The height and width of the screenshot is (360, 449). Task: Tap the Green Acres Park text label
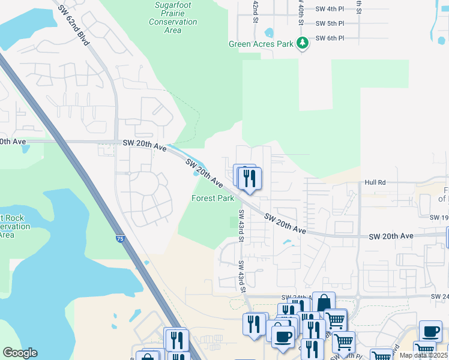[x=261, y=44]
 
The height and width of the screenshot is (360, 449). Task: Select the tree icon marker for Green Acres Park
[x=303, y=43]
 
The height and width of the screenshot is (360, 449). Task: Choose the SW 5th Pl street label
[x=330, y=23]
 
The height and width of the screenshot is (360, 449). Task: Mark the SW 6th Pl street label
[x=330, y=38]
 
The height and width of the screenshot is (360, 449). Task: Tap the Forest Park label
[x=212, y=198]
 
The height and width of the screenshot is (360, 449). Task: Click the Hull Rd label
[x=375, y=182]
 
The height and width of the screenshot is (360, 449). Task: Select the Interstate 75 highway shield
[x=121, y=239]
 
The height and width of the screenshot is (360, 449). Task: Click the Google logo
[x=20, y=352]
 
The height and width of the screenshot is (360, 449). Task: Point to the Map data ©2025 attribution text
[x=423, y=355]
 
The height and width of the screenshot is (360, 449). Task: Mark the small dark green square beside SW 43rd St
[x=235, y=222]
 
